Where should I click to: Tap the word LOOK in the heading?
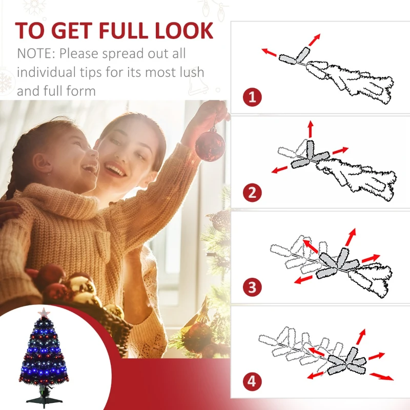[184, 31]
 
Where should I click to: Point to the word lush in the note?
[194, 72]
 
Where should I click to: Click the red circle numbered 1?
[252, 97]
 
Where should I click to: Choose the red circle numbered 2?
[252, 193]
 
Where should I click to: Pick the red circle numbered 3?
[252, 287]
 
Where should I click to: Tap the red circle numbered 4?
[252, 381]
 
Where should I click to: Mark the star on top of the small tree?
[44, 313]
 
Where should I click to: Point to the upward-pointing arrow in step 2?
[311, 129]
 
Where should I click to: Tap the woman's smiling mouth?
[114, 170]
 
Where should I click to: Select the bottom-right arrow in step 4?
[382, 377]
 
